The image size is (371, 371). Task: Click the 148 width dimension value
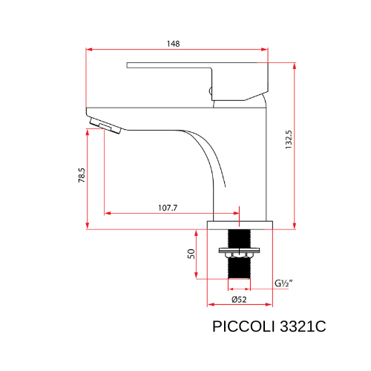(173, 44)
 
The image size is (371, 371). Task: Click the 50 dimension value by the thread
(191, 253)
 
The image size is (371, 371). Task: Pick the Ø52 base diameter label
(239, 299)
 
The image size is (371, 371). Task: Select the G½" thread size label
(283, 283)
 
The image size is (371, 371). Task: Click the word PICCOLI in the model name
(240, 326)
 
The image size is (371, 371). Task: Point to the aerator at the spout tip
(104, 124)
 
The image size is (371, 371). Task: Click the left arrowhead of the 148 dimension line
(90, 50)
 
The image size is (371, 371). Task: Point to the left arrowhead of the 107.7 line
(107, 214)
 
